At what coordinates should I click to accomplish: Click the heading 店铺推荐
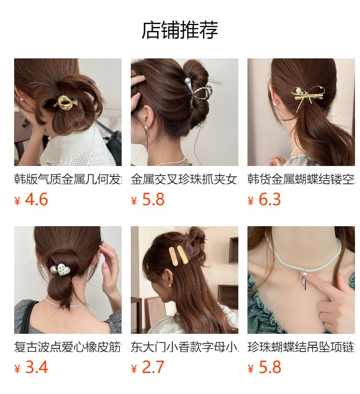point(180,30)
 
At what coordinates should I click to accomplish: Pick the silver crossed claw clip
point(200,94)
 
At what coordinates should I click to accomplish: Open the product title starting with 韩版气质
point(68,179)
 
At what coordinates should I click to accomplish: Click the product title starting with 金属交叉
point(185,179)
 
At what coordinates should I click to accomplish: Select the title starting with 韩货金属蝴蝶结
point(301,179)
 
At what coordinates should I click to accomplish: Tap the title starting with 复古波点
point(68,347)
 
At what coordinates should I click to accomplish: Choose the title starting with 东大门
point(185,347)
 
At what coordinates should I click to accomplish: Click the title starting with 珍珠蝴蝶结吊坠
point(301,347)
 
